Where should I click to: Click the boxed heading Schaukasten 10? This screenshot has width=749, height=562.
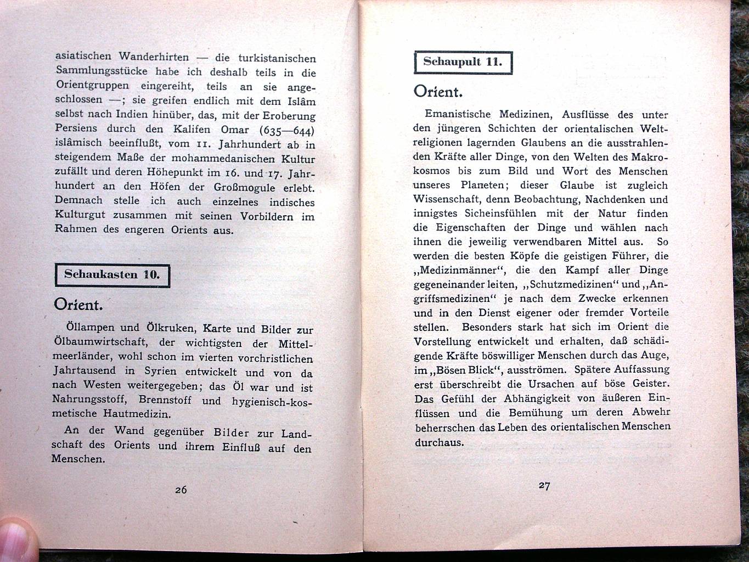(x=112, y=275)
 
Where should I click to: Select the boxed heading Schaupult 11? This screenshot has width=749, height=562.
(x=462, y=61)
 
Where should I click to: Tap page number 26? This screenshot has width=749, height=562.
(x=181, y=490)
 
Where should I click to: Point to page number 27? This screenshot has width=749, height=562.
(x=544, y=485)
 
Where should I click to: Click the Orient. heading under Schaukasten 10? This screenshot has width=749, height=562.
(x=78, y=305)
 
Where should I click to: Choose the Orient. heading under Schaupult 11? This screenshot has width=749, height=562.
(x=438, y=91)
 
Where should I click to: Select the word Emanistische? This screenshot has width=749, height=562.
(x=458, y=115)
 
